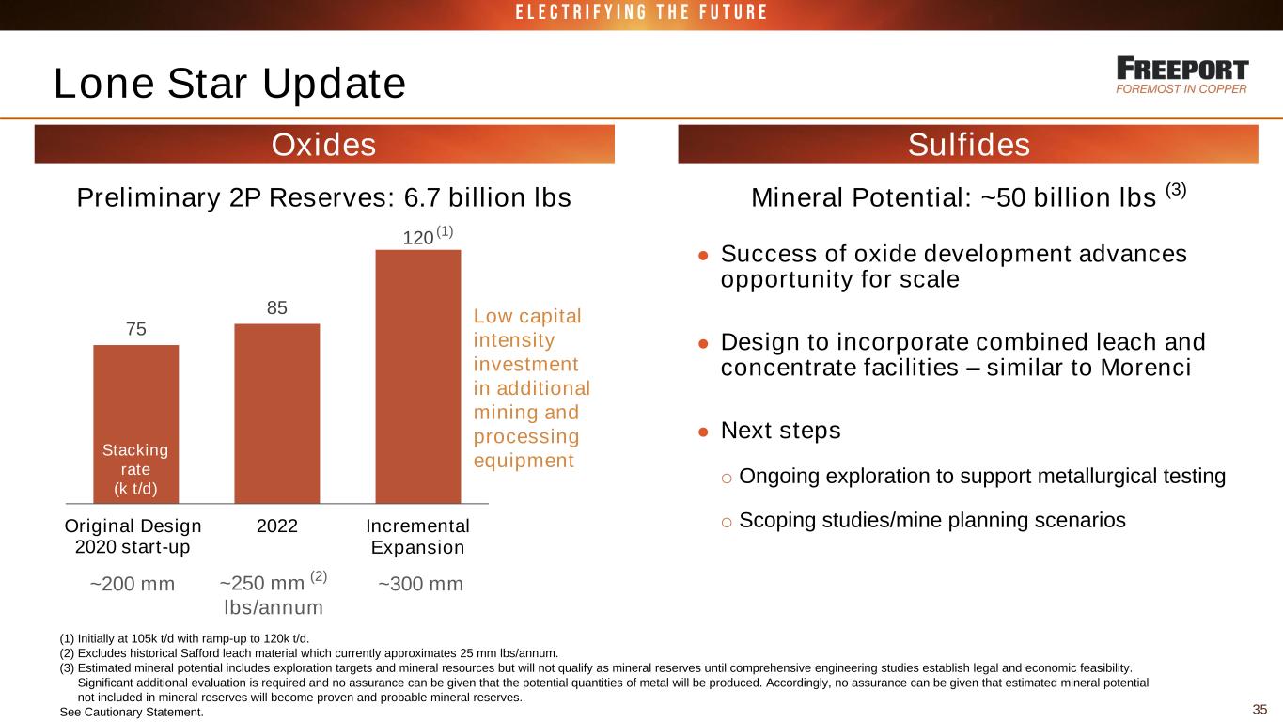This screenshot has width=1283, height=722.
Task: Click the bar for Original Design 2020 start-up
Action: [135, 424]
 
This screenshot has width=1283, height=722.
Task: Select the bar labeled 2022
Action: [277, 414]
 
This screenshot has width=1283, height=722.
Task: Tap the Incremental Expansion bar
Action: [418, 376]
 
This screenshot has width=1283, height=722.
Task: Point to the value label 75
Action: [135, 329]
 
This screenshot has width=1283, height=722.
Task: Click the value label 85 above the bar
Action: [276, 307]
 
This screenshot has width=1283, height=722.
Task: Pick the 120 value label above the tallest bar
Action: [418, 238]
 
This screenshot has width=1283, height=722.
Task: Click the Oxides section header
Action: [324, 145]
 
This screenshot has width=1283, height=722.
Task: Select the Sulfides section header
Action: [968, 145]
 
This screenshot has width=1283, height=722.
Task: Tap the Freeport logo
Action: [1181, 75]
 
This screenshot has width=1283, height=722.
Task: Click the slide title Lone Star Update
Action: [229, 84]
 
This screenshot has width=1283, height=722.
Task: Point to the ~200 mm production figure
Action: [133, 584]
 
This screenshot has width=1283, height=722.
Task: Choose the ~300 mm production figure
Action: [420, 584]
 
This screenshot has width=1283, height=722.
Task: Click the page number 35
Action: [1259, 710]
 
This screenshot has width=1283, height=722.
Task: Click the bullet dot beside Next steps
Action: [703, 432]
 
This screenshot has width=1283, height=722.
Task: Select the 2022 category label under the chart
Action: [277, 526]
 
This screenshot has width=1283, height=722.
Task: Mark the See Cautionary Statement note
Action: [132, 713]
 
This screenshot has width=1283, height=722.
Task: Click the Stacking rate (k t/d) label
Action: [135, 469]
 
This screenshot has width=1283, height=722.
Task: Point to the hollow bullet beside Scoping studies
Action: [727, 523]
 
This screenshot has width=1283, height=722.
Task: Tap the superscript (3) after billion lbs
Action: [1176, 190]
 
